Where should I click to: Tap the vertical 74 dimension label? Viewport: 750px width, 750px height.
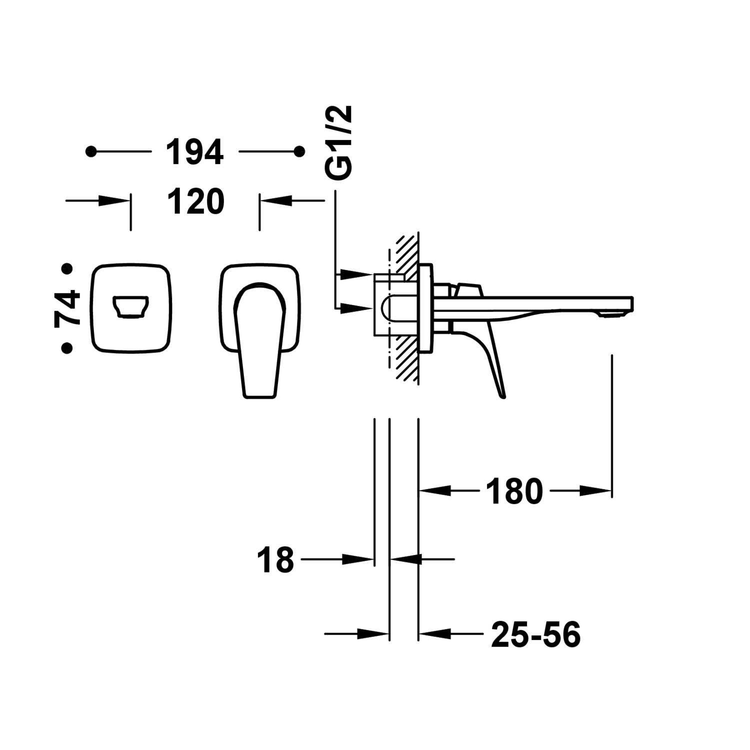click(x=67, y=307)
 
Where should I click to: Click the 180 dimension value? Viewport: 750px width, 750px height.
click(x=514, y=491)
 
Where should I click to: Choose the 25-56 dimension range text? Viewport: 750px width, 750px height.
click(x=535, y=634)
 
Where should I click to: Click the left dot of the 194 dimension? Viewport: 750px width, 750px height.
click(x=90, y=151)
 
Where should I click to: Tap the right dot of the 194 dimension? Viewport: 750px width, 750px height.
click(x=299, y=151)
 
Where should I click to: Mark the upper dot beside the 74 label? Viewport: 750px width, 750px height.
click(x=66, y=269)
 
